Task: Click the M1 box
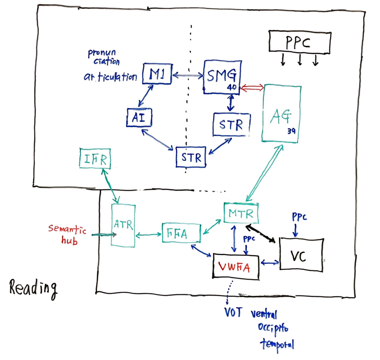point(157,74)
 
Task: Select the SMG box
point(221,77)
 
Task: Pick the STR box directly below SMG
point(231,124)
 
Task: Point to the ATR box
point(123,225)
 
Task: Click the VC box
point(301,254)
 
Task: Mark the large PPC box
point(299,43)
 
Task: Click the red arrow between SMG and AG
point(252,87)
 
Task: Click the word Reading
point(33,288)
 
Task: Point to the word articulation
point(110,77)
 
